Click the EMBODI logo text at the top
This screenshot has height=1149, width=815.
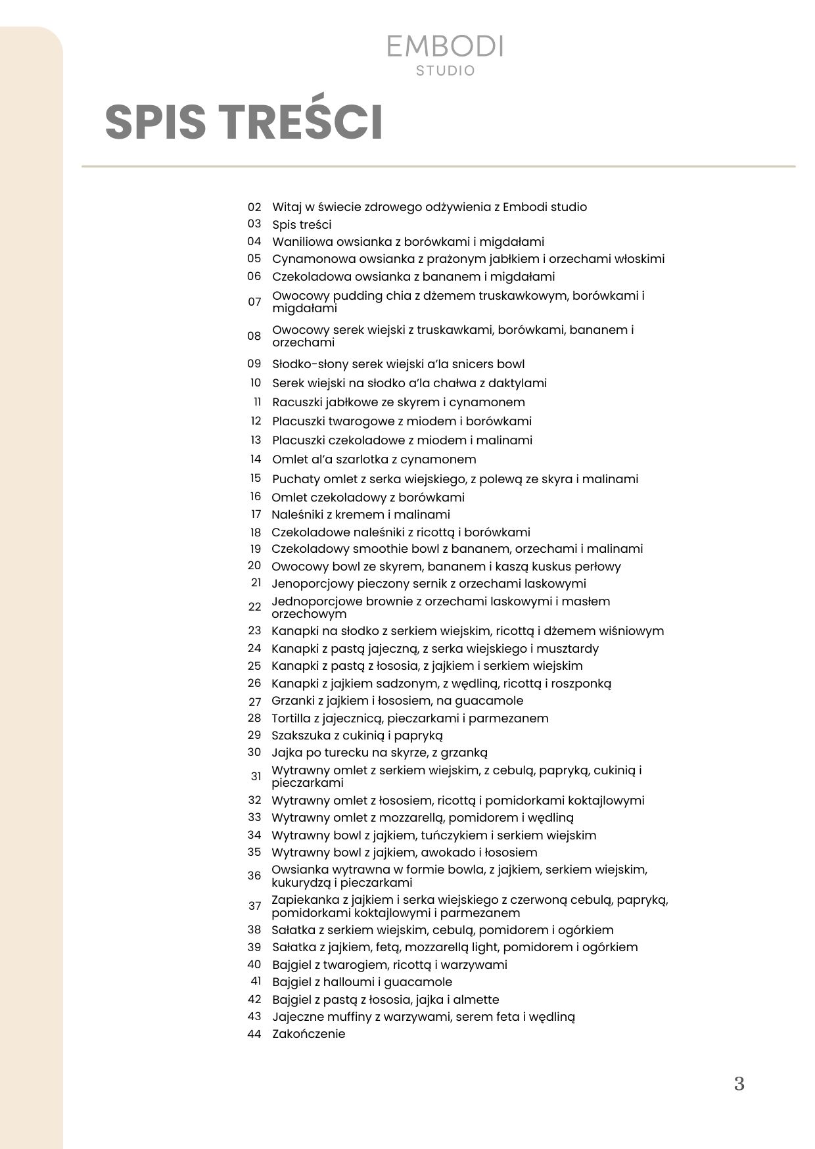[x=445, y=46]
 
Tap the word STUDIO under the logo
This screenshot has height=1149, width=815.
[x=445, y=70]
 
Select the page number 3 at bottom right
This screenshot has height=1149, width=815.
[x=739, y=1083]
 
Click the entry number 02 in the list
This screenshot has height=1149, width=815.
[x=254, y=206]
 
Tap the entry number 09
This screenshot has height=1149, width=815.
[x=254, y=363]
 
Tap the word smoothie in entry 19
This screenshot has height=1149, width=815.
[x=377, y=549]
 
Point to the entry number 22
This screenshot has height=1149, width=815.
[x=254, y=607]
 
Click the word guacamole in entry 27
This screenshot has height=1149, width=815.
[x=487, y=701]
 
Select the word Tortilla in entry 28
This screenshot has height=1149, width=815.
[x=292, y=718]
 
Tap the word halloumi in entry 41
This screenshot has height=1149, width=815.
[x=347, y=982]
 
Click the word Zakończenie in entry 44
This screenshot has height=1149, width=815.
[x=309, y=1034]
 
